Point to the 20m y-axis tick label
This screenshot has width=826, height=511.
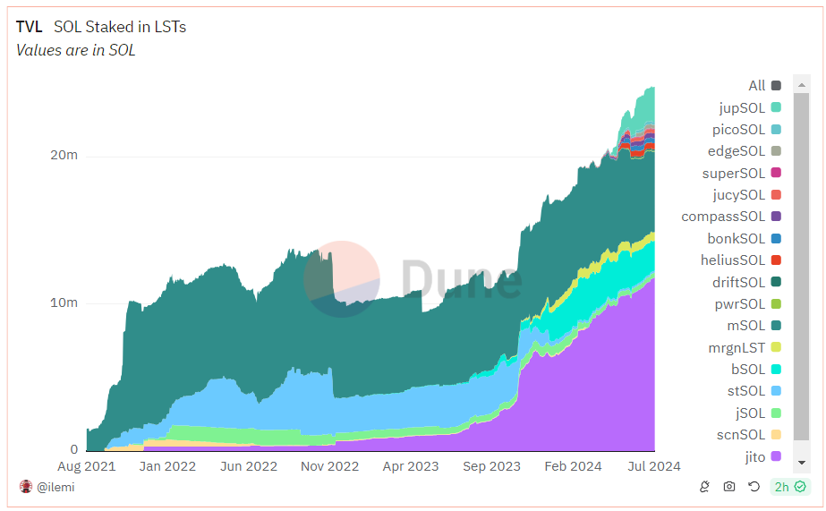click(64, 155)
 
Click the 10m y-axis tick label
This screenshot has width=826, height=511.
click(64, 302)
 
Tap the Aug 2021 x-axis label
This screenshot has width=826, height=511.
click(87, 466)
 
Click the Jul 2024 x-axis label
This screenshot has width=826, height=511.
click(653, 466)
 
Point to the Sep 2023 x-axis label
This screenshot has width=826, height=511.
click(491, 466)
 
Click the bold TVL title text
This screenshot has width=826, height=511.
click(29, 27)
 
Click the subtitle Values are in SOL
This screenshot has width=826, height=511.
click(76, 50)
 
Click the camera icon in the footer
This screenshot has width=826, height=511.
click(729, 487)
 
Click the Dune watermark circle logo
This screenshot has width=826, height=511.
click(341, 278)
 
